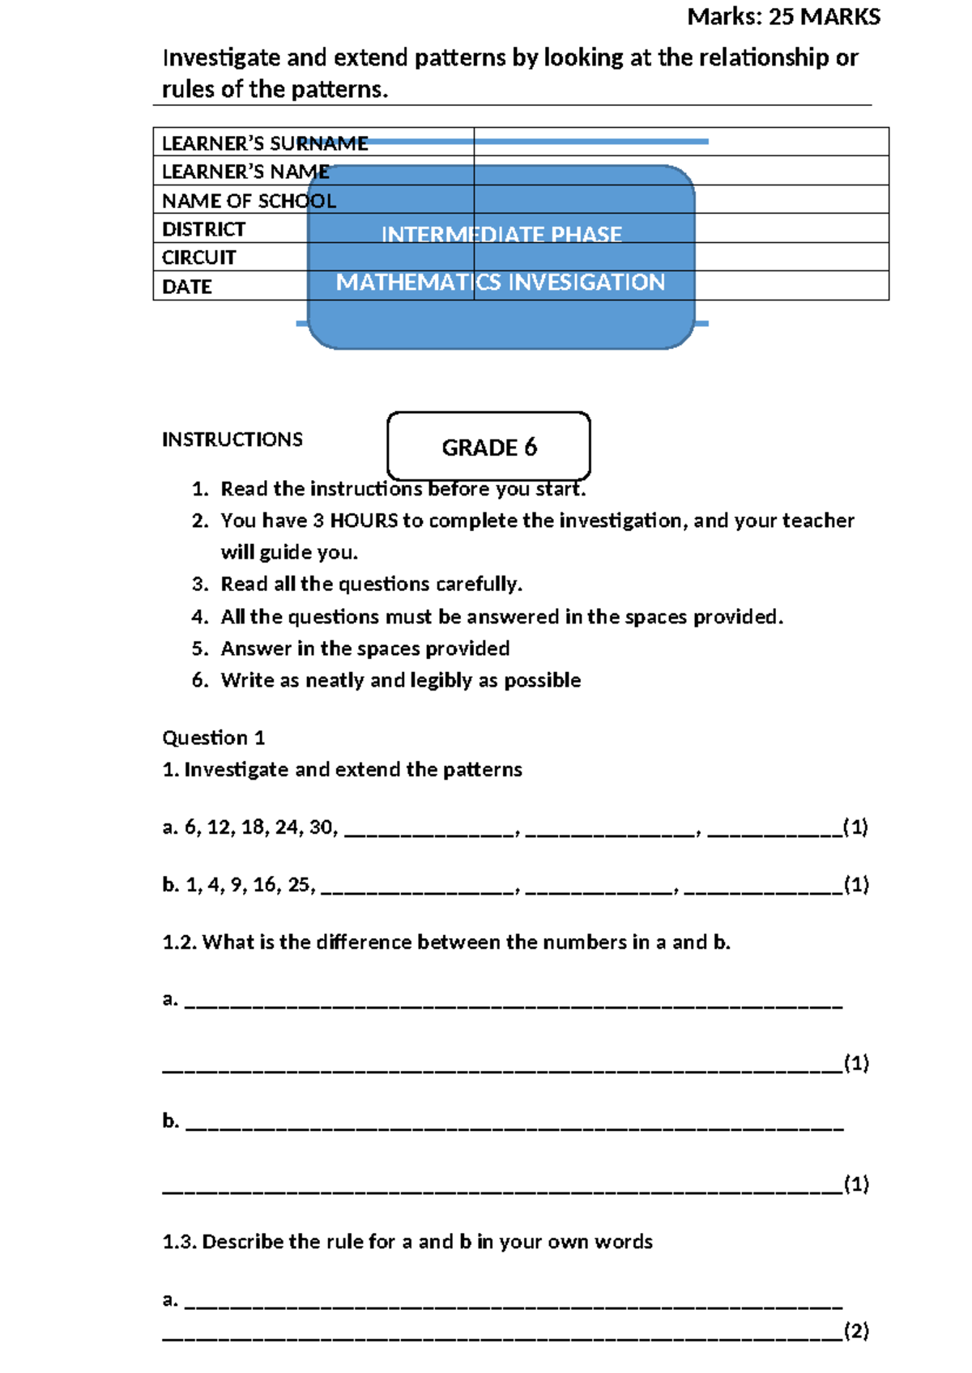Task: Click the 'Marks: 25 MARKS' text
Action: coord(783,16)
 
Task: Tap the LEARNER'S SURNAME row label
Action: coord(264,143)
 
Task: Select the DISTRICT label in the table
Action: coord(203,229)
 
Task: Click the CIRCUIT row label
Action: coord(198,257)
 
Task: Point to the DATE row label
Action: coord(186,287)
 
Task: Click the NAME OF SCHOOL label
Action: coord(248,201)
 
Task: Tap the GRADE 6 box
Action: coord(488,447)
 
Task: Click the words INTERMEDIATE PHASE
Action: coord(501,234)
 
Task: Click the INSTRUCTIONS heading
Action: coord(232,439)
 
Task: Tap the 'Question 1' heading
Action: coord(213,738)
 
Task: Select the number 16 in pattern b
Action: coord(265,884)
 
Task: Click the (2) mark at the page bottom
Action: coord(855,1331)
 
